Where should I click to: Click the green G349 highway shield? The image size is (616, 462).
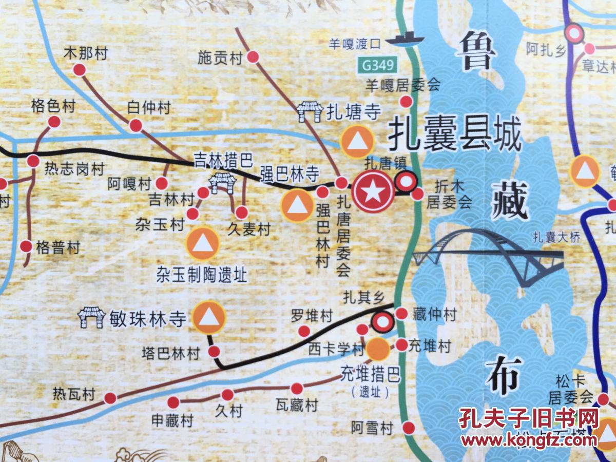click(378, 66)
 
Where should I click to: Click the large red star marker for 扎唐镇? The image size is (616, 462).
click(373, 191)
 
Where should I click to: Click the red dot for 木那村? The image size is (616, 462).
click(80, 69)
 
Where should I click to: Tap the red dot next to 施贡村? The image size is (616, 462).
click(253, 57)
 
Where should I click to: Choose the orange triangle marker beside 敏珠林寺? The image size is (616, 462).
click(209, 317)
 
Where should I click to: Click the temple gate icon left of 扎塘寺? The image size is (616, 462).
click(311, 111)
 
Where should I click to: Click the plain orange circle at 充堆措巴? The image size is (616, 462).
click(378, 349)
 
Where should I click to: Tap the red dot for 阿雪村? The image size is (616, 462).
click(409, 427)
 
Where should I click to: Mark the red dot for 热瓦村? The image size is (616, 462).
click(110, 398)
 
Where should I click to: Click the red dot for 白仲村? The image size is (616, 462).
click(136, 125)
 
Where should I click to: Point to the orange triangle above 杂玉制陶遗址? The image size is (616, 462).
click(203, 242)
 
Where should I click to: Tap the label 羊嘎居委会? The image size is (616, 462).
click(403, 85)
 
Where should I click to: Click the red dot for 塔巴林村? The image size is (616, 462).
click(215, 352)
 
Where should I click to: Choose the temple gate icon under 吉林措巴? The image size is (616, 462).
click(222, 182)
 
